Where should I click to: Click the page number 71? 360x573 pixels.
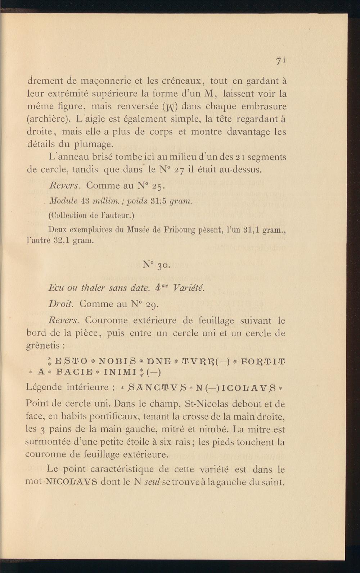(280, 61)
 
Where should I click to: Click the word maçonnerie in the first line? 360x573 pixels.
(96, 81)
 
